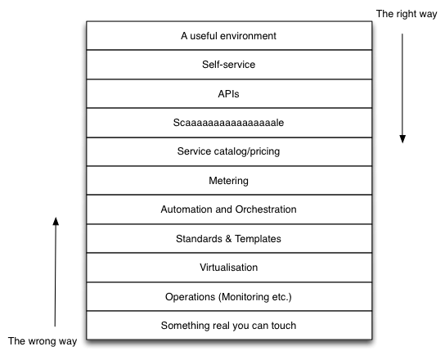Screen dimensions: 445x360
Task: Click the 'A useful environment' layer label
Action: [228, 36]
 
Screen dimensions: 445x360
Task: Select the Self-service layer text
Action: [228, 65]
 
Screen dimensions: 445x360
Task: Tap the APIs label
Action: [228, 94]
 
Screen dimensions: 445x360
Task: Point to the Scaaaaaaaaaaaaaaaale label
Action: [228, 123]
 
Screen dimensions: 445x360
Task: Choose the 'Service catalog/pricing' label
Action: [228, 151]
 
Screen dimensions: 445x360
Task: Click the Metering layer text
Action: [228, 181]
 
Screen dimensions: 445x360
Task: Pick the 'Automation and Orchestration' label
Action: [228, 209]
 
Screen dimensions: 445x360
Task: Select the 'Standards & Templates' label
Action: [228, 239]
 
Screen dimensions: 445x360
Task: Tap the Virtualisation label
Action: [228, 268]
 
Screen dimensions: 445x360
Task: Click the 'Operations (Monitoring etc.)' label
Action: [228, 297]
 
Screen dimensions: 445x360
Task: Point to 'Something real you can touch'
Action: [228, 326]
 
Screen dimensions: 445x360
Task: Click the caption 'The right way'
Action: [407, 14]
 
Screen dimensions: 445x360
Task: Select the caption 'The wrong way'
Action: [43, 341]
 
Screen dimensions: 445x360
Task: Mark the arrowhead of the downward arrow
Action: [402, 139]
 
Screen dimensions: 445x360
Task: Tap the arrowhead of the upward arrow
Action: [56, 222]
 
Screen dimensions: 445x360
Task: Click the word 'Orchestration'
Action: [266, 209]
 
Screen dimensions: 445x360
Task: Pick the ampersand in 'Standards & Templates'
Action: [228, 239]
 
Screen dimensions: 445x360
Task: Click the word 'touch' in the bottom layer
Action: [284, 326]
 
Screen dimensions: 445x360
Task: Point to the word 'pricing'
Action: [265, 152]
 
